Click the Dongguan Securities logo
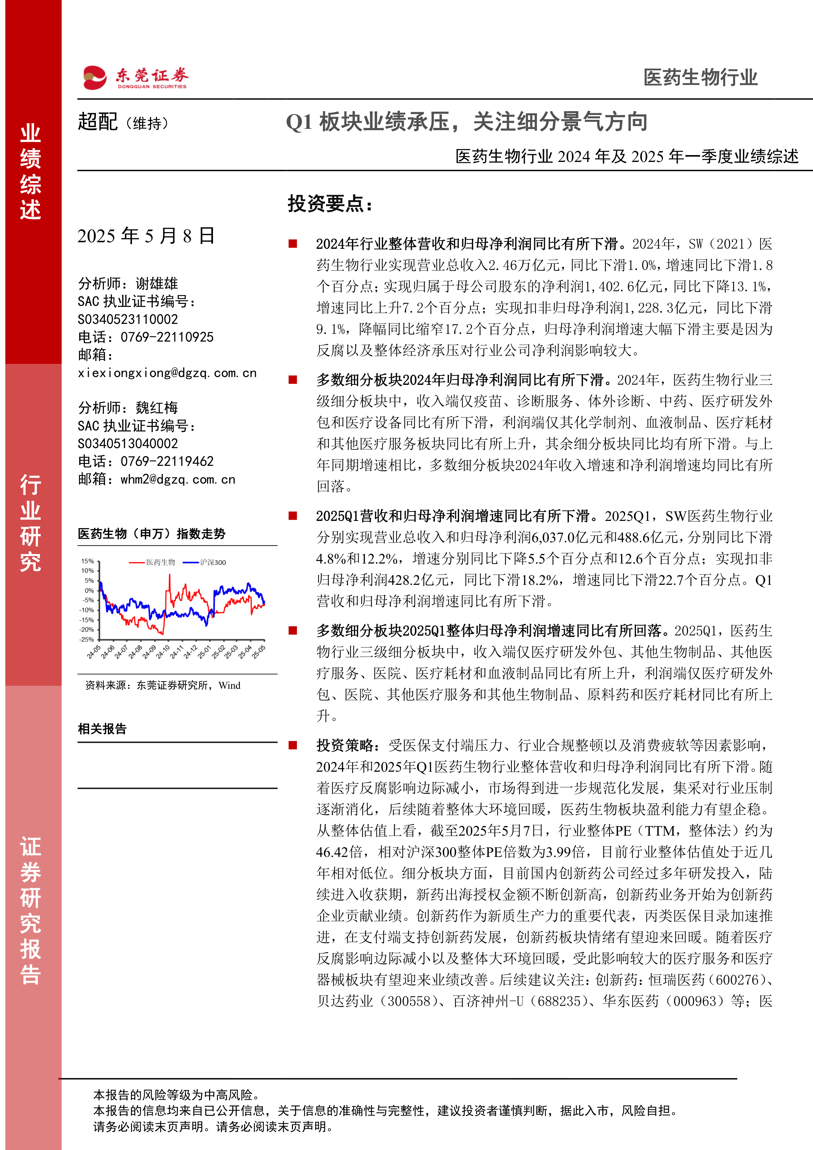[135, 78]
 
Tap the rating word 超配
[98, 122]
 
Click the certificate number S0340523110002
[128, 319]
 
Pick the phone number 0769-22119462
[167, 461]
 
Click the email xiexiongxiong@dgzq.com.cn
[167, 373]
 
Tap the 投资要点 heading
[330, 204]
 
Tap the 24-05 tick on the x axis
[94, 652]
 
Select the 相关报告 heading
[102, 729]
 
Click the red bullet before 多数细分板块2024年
[293, 380]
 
